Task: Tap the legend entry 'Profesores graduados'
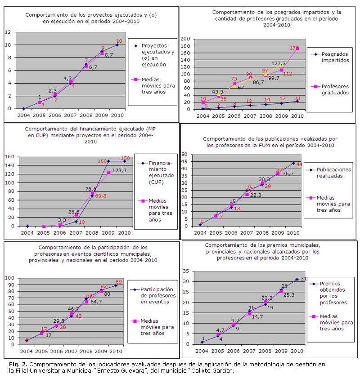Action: [x=329, y=89]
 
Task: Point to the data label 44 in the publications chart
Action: [x=299, y=164]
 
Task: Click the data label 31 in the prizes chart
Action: [x=304, y=279]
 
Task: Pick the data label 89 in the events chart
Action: [x=119, y=282]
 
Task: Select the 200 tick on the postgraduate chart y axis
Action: [x=185, y=39]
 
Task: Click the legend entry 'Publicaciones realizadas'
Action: [x=334, y=173]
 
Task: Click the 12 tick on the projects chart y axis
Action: [x=8, y=32]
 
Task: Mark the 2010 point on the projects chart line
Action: [x=117, y=45]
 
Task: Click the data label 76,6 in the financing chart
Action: [x=91, y=189]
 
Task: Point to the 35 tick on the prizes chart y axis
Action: [x=185, y=271]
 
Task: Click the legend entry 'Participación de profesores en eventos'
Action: [x=156, y=295]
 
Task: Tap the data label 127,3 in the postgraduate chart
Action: [x=279, y=64]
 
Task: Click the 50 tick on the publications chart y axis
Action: [x=184, y=154]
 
